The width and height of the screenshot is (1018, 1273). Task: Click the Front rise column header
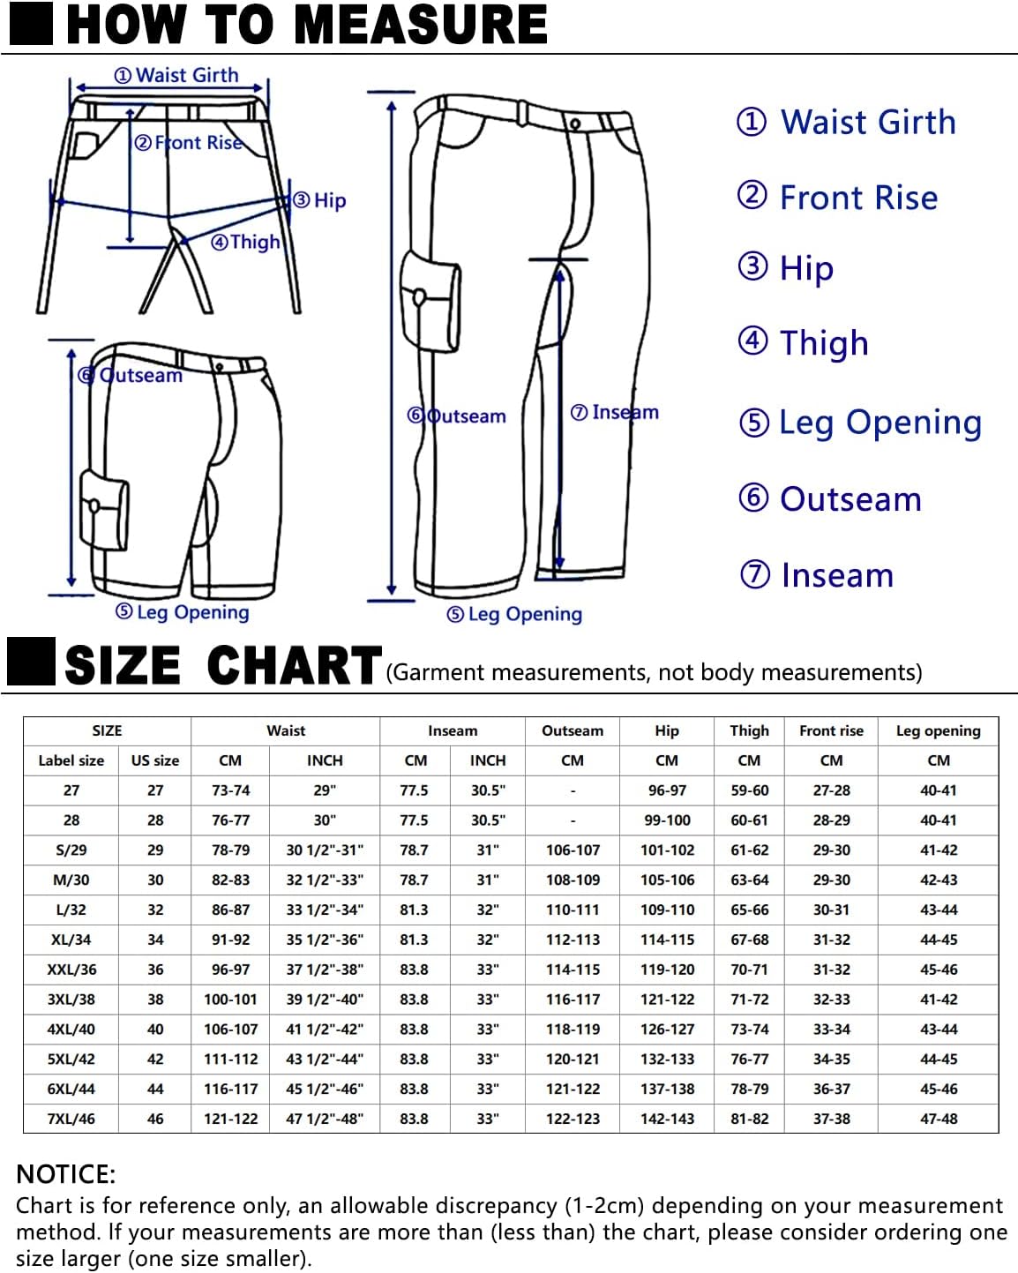pyautogui.click(x=831, y=730)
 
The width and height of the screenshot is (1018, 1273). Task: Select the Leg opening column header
pyautogui.click(x=938, y=730)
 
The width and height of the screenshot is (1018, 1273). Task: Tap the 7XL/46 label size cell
pyautogui.click(x=71, y=1119)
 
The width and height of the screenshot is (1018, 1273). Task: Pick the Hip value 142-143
pyautogui.click(x=667, y=1119)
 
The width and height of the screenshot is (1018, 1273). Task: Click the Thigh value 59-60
pyautogui.click(x=749, y=790)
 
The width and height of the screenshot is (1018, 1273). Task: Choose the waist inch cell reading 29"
pyautogui.click(x=325, y=790)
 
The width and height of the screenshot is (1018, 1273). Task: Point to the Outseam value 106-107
pyautogui.click(x=573, y=850)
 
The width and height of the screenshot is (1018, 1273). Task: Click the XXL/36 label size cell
pyautogui.click(x=71, y=970)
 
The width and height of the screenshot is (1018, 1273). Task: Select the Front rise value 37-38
pyautogui.click(x=831, y=1119)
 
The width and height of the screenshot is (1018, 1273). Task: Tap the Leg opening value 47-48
pyautogui.click(x=938, y=1119)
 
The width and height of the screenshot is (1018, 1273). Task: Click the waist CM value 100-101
pyautogui.click(x=230, y=1000)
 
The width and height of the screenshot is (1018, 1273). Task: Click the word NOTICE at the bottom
pyautogui.click(x=66, y=1174)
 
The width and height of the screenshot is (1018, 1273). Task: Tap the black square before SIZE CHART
pyautogui.click(x=31, y=663)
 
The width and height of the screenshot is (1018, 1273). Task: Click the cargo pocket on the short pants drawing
pyautogui.click(x=103, y=509)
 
